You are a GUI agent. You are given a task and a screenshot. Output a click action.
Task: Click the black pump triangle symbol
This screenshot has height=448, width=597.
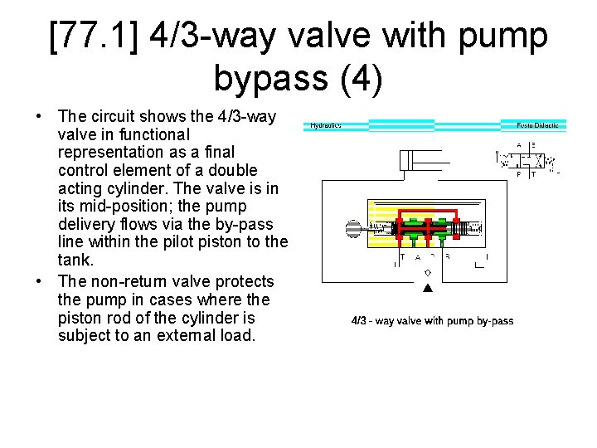(x=428, y=289)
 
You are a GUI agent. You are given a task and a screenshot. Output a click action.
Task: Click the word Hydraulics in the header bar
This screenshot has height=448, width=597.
(x=325, y=126)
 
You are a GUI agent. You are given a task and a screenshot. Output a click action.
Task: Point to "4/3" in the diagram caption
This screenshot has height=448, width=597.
(x=360, y=321)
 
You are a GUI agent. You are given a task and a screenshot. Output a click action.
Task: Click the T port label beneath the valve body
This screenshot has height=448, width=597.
(x=403, y=257)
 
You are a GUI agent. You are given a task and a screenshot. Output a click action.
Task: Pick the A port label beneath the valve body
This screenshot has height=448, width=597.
(x=416, y=257)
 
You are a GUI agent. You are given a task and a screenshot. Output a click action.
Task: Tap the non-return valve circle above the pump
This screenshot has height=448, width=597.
(x=428, y=272)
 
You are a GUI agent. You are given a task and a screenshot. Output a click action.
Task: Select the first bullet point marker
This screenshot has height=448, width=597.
(x=39, y=116)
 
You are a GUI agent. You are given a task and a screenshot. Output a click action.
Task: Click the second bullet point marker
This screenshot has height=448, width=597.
(x=39, y=280)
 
